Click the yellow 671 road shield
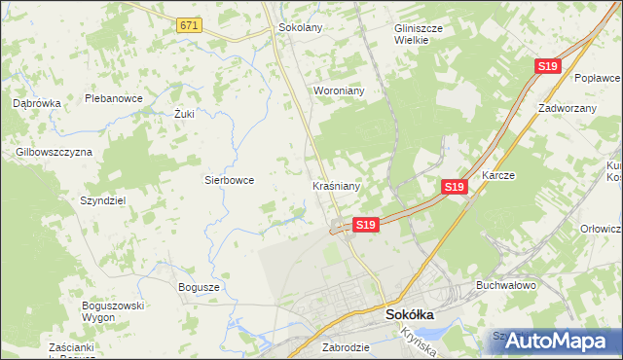point(190,26)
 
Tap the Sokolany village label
point(300,27)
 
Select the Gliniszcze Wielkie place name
point(419,34)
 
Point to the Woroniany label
point(338,90)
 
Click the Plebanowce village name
point(114,98)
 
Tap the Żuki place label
point(185,114)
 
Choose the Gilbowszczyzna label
point(54,152)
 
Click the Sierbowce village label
point(229,180)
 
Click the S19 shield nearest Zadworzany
point(547,66)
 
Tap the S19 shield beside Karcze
point(453,186)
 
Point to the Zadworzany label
point(567,108)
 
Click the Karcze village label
point(497,176)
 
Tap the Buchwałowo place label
point(506,286)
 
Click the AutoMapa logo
point(554,341)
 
